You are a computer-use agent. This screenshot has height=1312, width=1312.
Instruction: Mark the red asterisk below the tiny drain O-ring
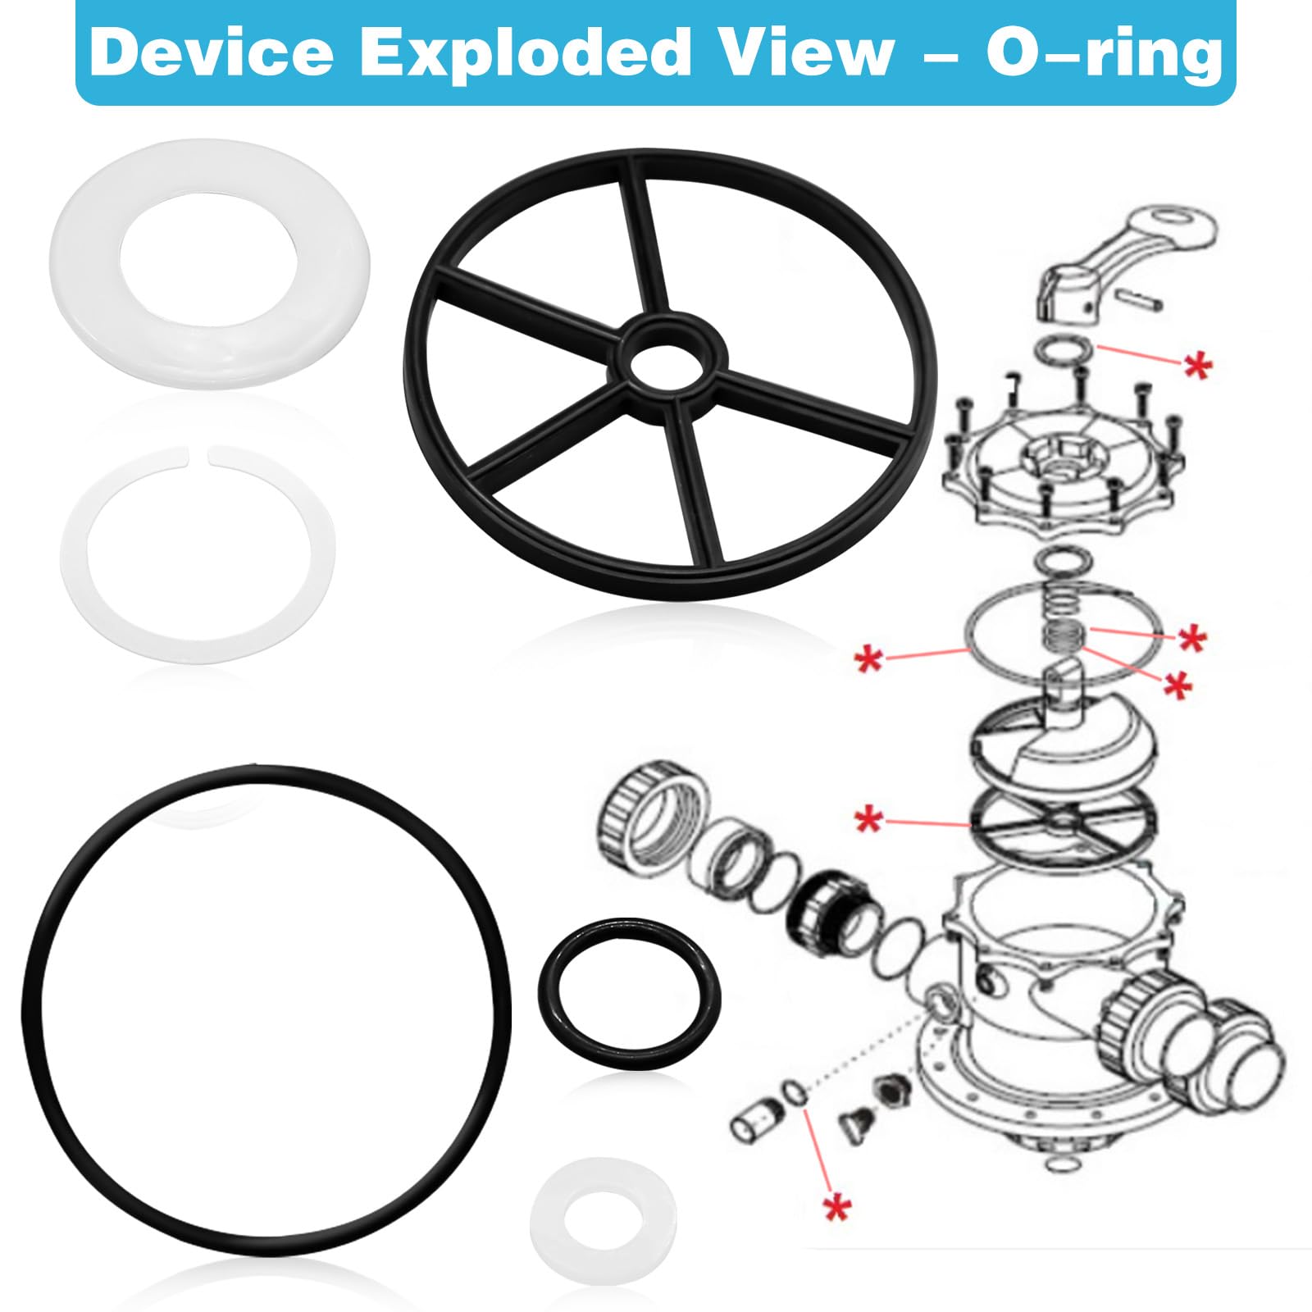[x=837, y=1207]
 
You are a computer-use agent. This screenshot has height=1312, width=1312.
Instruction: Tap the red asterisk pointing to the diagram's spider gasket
[x=869, y=818]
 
